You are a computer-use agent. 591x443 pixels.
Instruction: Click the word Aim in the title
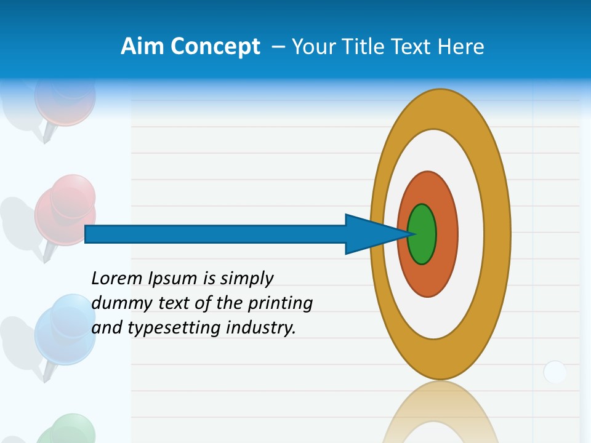[x=142, y=47]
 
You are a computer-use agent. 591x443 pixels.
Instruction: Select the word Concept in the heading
[x=215, y=47]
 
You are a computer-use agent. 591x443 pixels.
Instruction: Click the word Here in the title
[x=461, y=47]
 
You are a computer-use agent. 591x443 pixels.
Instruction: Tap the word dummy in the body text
[x=119, y=304]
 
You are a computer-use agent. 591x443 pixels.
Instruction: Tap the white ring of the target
[x=470, y=234]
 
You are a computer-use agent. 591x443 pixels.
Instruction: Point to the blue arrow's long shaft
[x=215, y=234]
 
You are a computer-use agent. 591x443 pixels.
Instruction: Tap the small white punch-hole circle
[x=555, y=372]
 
